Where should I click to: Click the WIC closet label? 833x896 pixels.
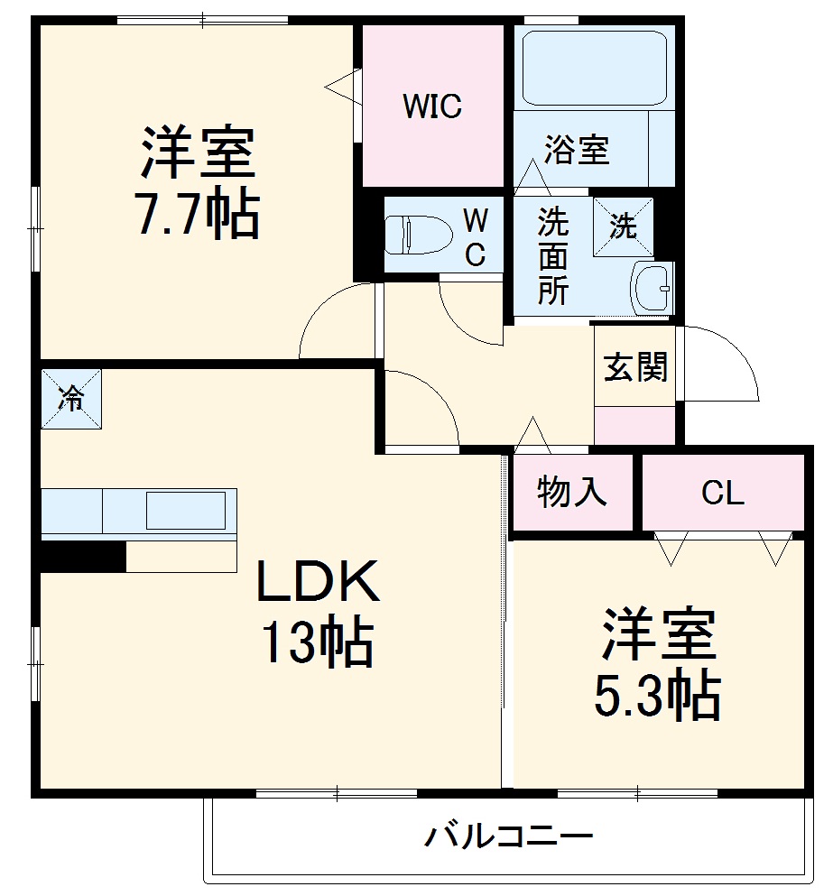[x=432, y=106]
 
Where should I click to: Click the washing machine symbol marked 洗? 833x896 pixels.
[x=622, y=226]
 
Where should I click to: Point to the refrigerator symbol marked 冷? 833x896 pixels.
[x=70, y=398]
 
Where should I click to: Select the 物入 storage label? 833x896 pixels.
[x=571, y=493]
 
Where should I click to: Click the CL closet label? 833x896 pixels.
[x=723, y=493]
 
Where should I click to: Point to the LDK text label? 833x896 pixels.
[x=318, y=583]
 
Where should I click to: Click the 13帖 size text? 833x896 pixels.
[x=318, y=642]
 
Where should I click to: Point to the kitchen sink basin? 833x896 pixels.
[x=186, y=511]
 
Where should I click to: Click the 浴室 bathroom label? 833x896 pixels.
[x=578, y=150]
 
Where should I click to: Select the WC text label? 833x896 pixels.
[x=476, y=236]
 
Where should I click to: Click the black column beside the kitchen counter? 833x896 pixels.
[x=81, y=556]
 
